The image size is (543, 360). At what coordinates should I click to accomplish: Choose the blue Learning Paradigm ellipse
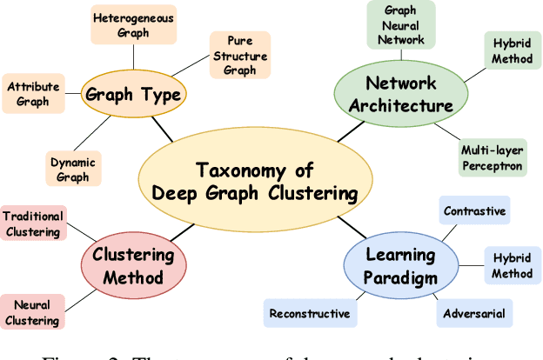pyautogui.click(x=399, y=264)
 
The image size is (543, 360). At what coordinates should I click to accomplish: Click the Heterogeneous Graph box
pyautogui.click(x=133, y=26)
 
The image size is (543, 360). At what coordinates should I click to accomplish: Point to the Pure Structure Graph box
pyautogui.click(x=239, y=54)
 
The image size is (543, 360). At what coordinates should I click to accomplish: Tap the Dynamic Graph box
pyautogui.click(x=73, y=168)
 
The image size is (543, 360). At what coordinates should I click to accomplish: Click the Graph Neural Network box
pyautogui.click(x=399, y=25)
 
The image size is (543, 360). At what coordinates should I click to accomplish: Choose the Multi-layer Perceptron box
pyautogui.click(x=493, y=159)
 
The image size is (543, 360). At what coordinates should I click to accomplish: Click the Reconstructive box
pyautogui.click(x=310, y=313)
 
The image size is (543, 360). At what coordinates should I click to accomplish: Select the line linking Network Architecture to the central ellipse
pyautogui.click(x=349, y=130)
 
